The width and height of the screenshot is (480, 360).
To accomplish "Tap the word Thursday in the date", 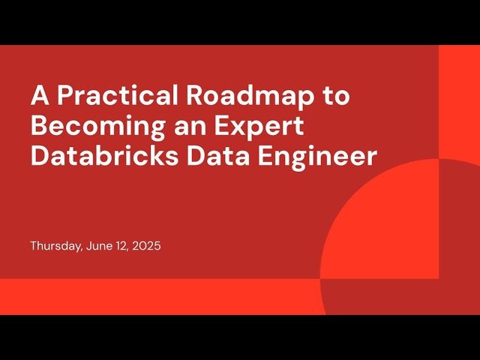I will [x=55, y=245].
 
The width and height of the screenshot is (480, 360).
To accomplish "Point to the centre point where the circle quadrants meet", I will [x=439, y=279].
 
